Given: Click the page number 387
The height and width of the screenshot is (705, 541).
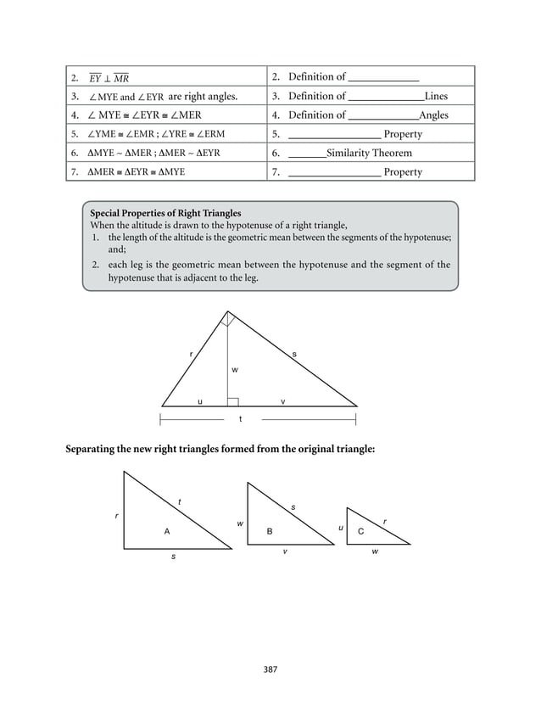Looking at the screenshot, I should pyautogui.click(x=270, y=669).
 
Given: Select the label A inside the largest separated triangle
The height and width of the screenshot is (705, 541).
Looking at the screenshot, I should pyautogui.click(x=167, y=531).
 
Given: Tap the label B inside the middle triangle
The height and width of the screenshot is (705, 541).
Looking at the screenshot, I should pyautogui.click(x=270, y=531).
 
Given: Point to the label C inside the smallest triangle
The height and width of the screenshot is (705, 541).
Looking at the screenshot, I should pyautogui.click(x=360, y=531).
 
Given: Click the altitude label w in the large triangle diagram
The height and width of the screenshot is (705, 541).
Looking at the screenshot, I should pyautogui.click(x=235, y=370).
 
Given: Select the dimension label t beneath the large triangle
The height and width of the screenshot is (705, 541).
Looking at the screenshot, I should pyautogui.click(x=240, y=419).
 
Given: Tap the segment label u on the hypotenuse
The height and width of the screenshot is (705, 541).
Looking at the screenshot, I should pyautogui.click(x=199, y=401).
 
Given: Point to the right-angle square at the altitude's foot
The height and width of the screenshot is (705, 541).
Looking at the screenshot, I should pyautogui.click(x=232, y=401).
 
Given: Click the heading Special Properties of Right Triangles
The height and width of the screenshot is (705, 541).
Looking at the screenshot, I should pyautogui.click(x=165, y=213).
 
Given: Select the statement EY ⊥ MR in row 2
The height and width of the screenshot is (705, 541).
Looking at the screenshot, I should pyautogui.click(x=109, y=78).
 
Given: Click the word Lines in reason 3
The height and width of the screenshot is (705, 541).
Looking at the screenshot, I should pyautogui.click(x=436, y=96).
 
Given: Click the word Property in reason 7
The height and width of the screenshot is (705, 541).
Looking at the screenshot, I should pyautogui.click(x=403, y=171).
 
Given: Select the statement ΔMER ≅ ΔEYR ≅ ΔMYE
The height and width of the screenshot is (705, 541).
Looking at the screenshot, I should pyautogui.click(x=137, y=171).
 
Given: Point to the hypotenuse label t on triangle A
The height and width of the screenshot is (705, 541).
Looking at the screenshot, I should pyautogui.click(x=179, y=502).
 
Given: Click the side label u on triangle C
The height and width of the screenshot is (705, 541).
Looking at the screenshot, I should pyautogui.click(x=340, y=528).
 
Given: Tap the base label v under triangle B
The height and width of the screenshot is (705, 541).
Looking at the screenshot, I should pyautogui.click(x=284, y=551).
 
